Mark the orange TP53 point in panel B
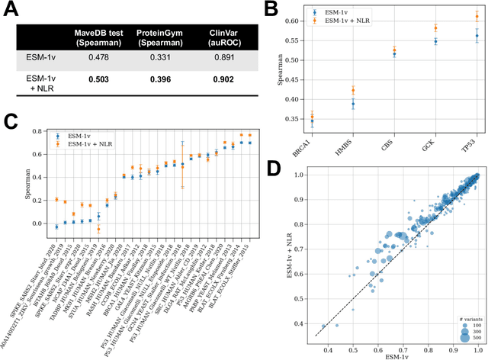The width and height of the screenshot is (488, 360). (477, 16)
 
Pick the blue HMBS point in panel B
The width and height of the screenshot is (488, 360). (353, 104)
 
